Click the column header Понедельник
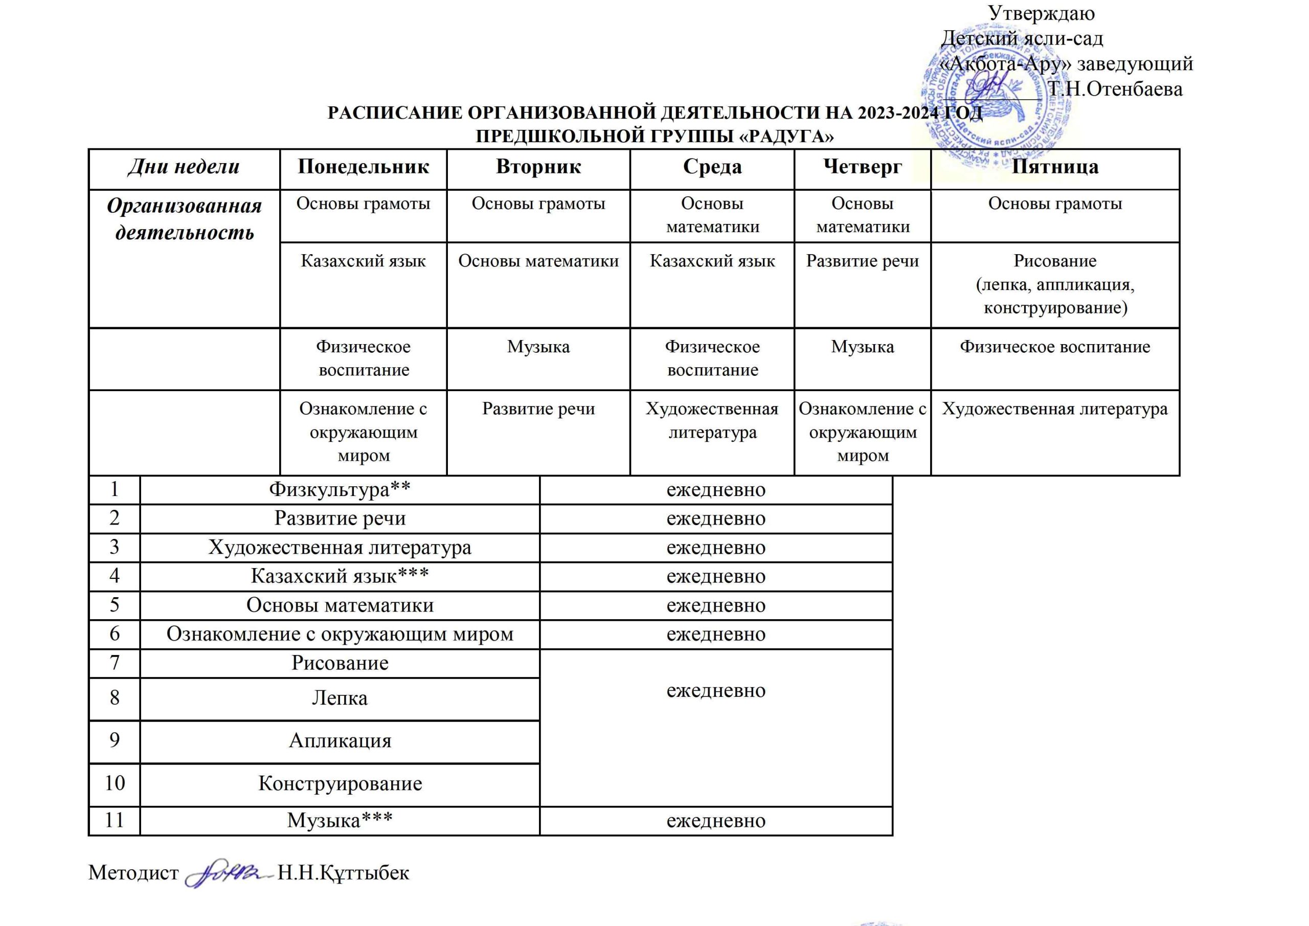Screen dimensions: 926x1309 point(363,167)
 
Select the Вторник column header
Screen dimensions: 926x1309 point(538,167)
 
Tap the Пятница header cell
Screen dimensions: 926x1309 point(1055,167)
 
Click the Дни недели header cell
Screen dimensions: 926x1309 point(184,167)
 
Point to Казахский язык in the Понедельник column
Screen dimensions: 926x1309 point(363,261)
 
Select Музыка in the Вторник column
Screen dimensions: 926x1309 point(538,347)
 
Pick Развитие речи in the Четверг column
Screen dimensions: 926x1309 point(862,261)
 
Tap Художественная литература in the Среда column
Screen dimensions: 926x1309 point(712,420)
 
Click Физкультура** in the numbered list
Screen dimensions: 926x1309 point(340,489)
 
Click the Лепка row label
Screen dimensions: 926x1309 point(340,698)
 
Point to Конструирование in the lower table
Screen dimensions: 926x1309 point(340,783)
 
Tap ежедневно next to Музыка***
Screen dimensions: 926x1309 point(715,821)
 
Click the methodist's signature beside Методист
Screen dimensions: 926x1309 point(227,872)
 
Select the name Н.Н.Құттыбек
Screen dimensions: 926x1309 point(343,872)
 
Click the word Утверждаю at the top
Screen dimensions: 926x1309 point(1041,13)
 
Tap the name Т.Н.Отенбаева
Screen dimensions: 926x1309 point(1115,89)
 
